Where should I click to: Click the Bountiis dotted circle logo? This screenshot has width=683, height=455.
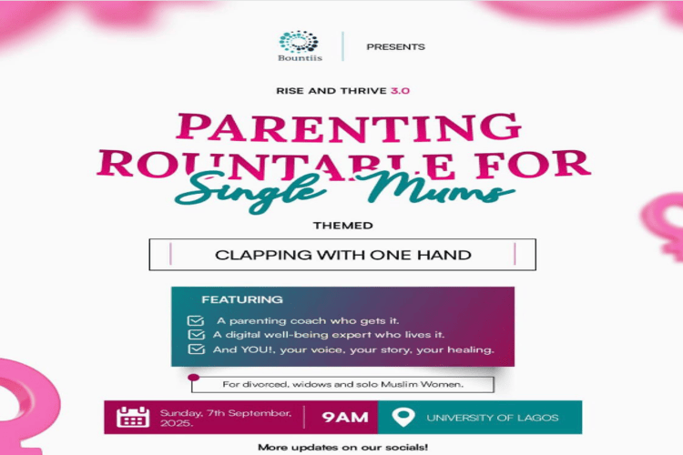pos(299,41)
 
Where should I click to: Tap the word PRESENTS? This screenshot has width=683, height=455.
pos(395,46)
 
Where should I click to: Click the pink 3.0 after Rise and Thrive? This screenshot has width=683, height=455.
pos(400,91)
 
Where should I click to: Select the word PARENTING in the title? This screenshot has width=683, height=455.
pos(349,127)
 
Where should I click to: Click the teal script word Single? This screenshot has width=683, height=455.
pos(250,192)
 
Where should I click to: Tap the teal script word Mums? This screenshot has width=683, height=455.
pos(434,188)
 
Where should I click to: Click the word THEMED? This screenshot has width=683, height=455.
pos(342,226)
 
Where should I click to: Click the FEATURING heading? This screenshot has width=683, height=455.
pos(242,299)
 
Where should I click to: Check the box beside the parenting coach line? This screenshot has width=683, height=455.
pos(196,320)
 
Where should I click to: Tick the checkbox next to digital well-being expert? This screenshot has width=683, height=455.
pos(196,334)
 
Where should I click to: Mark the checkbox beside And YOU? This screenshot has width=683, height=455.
pos(196,349)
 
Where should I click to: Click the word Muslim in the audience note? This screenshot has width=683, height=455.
pos(397,384)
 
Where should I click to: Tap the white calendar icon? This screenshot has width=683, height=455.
pos(133,417)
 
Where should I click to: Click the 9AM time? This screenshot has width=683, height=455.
pos(345,417)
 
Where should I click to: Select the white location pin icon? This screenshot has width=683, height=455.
pos(403,417)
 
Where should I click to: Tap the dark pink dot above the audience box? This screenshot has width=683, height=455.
pos(194,377)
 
